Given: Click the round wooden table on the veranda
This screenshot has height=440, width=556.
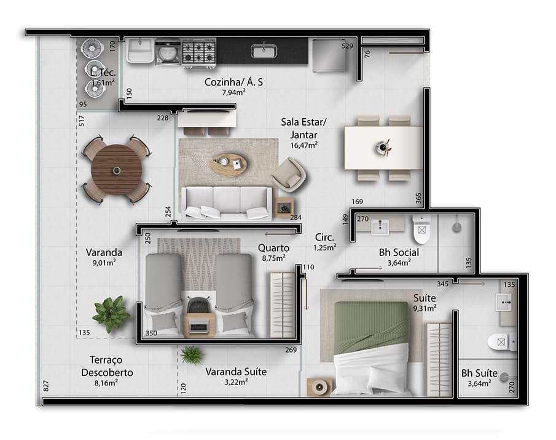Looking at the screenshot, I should [x=117, y=169].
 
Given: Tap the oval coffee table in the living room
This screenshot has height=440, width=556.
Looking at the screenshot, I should [x=228, y=164].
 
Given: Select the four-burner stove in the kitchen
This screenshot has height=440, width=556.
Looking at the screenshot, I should [x=199, y=52].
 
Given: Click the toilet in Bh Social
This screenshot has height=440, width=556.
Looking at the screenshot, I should [x=422, y=231].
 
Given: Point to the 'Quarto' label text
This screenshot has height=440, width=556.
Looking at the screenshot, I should [x=273, y=248].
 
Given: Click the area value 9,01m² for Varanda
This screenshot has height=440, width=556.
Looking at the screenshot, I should [x=104, y=262].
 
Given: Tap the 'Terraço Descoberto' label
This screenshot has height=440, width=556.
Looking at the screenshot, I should [x=107, y=366].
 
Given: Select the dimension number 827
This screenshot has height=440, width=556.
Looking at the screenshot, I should [x=45, y=386].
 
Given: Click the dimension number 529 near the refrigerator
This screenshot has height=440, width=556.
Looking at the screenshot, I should [x=348, y=46].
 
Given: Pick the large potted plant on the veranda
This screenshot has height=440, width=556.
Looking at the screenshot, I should [x=111, y=313].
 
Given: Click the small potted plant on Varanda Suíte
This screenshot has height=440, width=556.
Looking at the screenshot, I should [x=192, y=354].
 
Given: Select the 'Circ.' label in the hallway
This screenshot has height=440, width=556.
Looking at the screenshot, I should [x=324, y=237].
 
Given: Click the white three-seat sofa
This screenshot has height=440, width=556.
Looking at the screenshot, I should [x=226, y=202].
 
